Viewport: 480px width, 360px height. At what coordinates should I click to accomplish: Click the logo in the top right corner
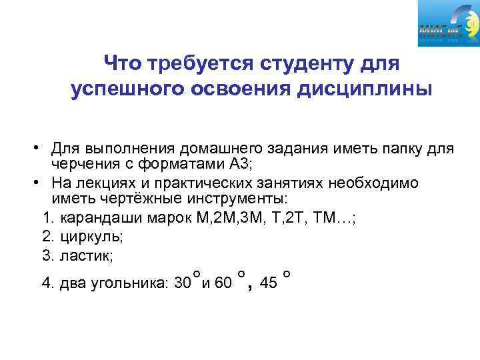coord(449,25)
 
